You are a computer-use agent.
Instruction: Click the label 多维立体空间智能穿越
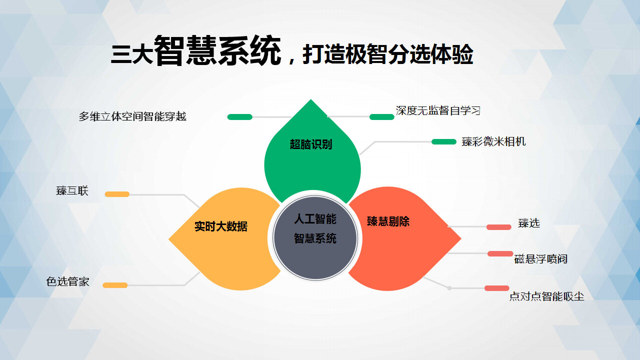click(132, 116)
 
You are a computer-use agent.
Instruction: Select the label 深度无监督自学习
click(438, 110)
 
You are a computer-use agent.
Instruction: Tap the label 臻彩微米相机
click(493, 141)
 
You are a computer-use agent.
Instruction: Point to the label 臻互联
click(72, 190)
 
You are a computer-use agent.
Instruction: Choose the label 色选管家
click(67, 281)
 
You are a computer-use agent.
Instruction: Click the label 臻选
click(529, 223)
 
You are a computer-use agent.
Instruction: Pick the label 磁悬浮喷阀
click(541, 259)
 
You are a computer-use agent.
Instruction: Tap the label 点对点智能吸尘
click(546, 296)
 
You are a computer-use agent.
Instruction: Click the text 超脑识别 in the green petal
click(311, 144)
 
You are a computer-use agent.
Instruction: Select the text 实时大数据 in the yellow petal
click(221, 226)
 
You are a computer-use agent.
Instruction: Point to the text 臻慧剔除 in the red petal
click(388, 221)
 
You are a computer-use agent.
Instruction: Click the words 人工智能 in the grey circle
click(315, 219)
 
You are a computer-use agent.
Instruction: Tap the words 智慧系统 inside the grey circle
click(315, 238)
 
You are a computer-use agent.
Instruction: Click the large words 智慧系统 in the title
click(217, 51)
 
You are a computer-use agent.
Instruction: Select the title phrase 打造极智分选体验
click(387, 54)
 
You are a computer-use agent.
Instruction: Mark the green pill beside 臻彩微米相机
click(443, 141)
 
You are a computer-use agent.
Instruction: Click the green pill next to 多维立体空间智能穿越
click(239, 117)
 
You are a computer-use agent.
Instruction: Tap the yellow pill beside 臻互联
click(117, 194)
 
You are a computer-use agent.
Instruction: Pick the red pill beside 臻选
click(499, 227)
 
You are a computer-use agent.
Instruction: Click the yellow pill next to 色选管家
click(115, 285)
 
